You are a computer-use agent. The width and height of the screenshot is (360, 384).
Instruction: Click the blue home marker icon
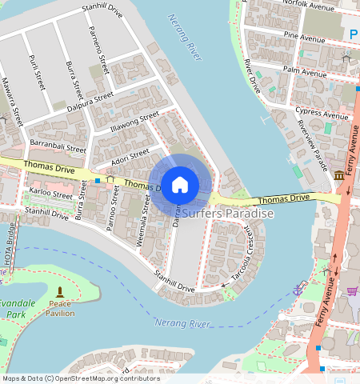click(180, 184)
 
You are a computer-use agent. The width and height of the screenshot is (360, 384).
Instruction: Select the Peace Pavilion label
click(60, 308)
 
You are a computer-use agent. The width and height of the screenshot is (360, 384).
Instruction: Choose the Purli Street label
click(36, 71)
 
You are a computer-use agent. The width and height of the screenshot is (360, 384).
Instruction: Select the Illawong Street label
click(135, 122)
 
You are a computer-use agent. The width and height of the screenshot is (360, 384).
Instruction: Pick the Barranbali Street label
click(57, 146)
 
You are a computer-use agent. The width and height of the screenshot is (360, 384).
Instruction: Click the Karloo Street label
click(50, 193)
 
